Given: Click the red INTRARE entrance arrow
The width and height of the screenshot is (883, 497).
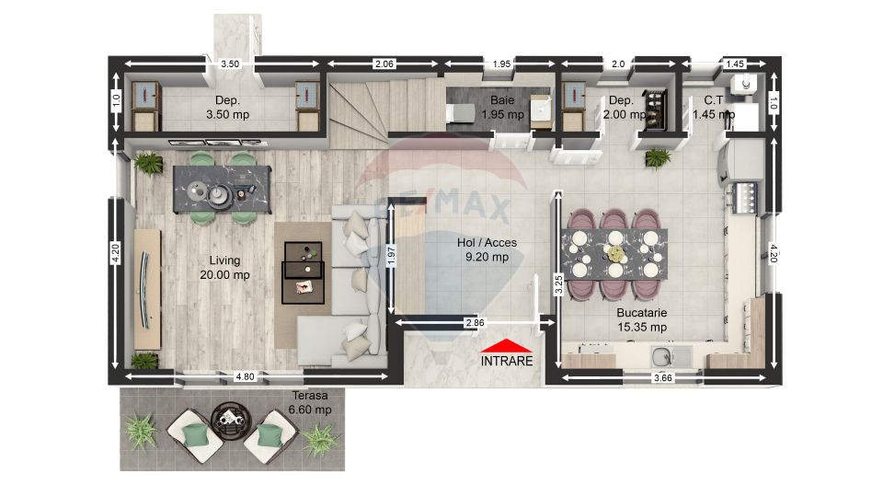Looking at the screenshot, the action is point(506,345).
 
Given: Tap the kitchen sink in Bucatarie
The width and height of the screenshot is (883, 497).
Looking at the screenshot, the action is point(666,357).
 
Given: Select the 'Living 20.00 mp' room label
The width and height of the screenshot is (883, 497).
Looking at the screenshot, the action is point(224,268).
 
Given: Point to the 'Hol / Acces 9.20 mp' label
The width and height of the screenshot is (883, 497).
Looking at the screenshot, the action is point(487,249).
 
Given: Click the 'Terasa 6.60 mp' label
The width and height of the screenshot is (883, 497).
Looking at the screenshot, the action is point(310,403).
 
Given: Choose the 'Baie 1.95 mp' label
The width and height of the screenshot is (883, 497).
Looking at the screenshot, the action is point(502,107).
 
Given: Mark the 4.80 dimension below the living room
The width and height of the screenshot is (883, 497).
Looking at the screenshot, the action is point(245,376).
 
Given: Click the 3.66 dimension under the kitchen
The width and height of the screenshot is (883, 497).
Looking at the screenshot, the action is point(663,377).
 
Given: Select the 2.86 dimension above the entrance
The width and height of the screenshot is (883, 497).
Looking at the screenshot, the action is point(475,323).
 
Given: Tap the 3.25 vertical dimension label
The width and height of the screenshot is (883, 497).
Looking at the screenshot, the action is point(558,284).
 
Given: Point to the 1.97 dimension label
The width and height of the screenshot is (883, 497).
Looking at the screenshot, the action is point(392,255).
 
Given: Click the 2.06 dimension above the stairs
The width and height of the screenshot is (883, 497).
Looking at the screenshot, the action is point(384,64).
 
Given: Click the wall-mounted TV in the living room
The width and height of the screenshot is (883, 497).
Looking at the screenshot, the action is point(144,290).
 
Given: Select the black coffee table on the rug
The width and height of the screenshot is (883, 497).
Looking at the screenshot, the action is point(304,272).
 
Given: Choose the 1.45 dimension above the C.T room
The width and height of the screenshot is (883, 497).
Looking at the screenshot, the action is point(735,64).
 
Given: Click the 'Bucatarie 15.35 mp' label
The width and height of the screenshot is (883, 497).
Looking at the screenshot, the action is point(642,319).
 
